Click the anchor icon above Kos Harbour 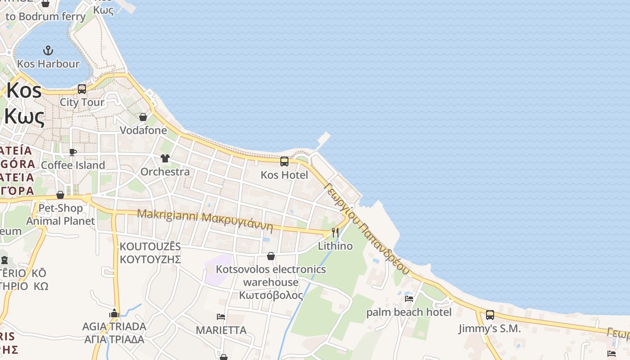pos(48,50)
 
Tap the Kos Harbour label pos(48,64)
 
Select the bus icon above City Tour pos(81,89)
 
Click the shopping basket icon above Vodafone pos(143,117)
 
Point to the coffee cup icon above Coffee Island pos(73,152)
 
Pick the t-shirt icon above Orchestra pos(165,158)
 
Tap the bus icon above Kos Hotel pos(284,162)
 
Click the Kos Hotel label pos(284,175)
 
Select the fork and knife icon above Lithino pos(335,233)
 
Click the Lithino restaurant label pos(335,246)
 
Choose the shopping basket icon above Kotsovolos pos(271,256)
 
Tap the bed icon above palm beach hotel pos(409,298)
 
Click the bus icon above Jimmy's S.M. pos(490,315)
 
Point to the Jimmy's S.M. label pos(490,329)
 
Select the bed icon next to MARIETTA pos(221,317)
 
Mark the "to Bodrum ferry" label pos(45,17)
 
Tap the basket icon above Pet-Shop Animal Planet pos(60,195)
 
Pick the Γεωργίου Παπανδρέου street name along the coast pos(367,229)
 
